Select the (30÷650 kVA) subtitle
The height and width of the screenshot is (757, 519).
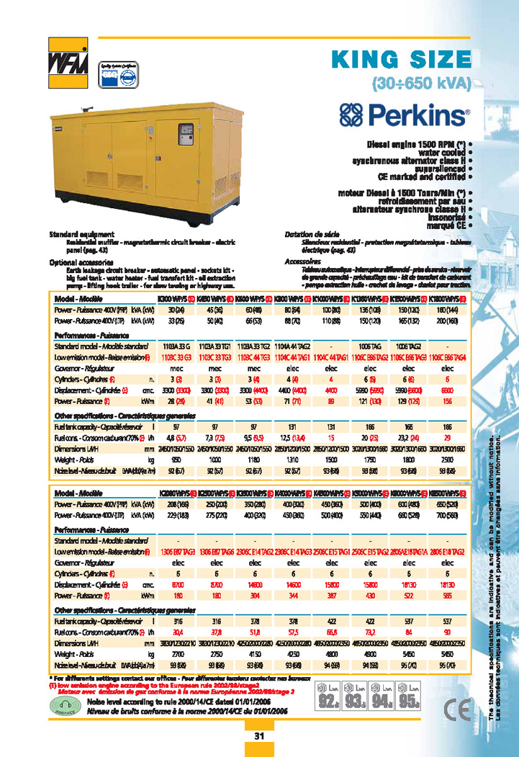[x=421, y=83]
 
